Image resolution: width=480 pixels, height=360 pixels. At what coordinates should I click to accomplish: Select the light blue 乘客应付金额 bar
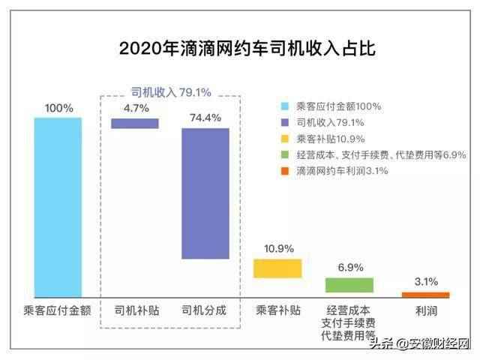[58, 207]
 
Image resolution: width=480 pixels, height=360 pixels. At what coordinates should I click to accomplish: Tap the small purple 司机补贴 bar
[135, 124]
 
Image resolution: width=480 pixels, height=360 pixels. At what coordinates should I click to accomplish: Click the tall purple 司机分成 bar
[205, 193]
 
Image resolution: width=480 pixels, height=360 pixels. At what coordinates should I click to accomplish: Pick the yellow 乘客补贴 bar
[277, 268]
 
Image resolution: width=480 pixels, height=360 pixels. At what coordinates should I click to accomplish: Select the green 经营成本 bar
[349, 285]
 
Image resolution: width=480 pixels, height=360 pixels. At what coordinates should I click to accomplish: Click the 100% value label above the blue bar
[58, 108]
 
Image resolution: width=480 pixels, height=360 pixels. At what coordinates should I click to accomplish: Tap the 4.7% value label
[135, 108]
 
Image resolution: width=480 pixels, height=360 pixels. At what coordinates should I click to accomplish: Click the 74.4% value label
[205, 118]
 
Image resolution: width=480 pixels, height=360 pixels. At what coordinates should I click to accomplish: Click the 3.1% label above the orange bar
[425, 282]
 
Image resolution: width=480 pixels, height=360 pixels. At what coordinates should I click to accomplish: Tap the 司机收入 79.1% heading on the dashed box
[171, 92]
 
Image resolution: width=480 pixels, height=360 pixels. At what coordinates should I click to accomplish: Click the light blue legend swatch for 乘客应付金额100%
[283, 106]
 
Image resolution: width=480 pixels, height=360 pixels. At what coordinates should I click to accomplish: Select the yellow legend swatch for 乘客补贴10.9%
[283, 139]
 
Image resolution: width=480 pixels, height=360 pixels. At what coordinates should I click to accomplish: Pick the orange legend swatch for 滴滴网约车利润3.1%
[283, 171]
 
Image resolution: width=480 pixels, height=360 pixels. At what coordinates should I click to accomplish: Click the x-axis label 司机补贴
[136, 310]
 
